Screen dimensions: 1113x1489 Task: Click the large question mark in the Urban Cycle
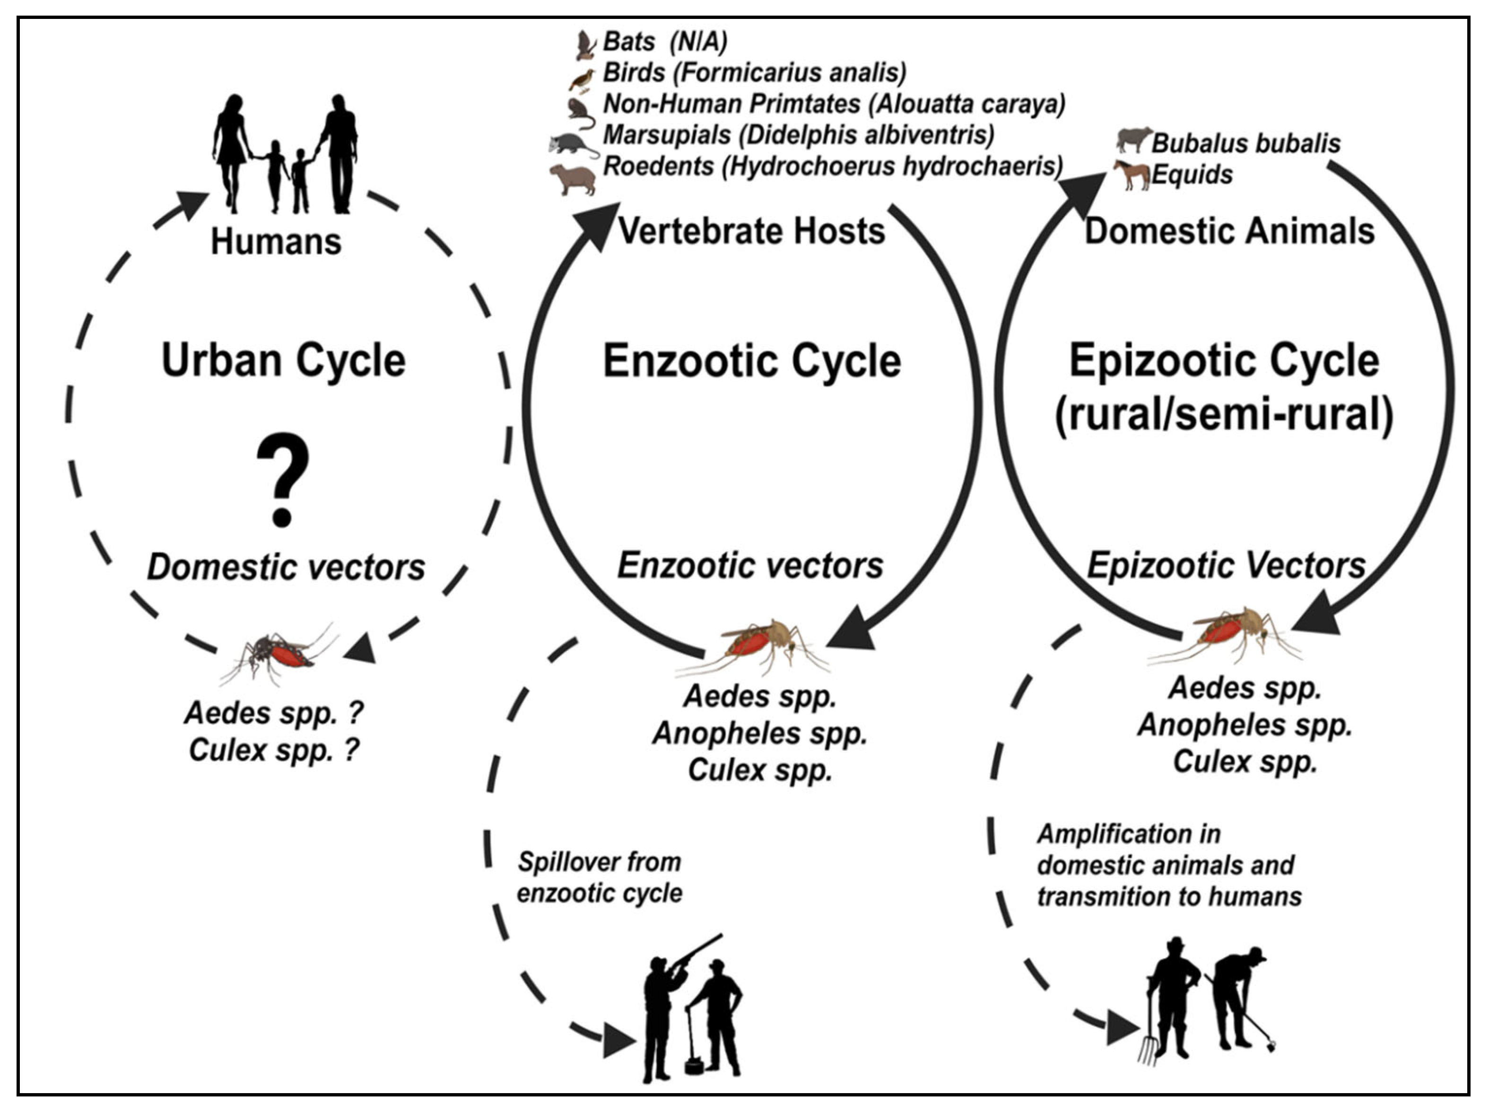(283, 478)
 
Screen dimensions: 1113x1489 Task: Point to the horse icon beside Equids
(1132, 175)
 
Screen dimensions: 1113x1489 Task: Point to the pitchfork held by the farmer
(1149, 1030)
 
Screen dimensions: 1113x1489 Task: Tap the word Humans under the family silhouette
(276, 241)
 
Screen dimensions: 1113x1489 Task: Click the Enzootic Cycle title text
(751, 361)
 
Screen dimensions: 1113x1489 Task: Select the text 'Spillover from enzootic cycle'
(599, 877)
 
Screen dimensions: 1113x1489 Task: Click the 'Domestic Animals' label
(1229, 231)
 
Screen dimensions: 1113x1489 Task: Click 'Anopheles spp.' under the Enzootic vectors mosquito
(759, 733)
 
